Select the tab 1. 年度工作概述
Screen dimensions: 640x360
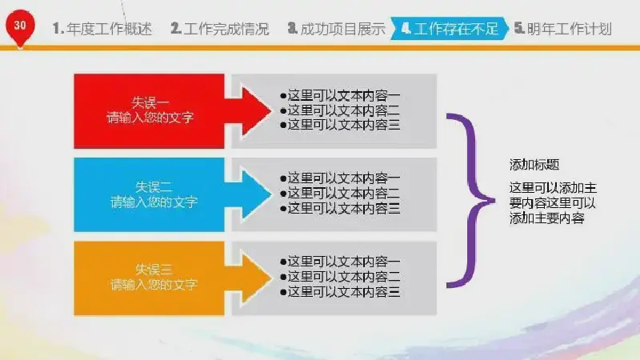pyautogui.click(x=102, y=29)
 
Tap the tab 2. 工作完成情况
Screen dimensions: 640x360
pyautogui.click(x=220, y=29)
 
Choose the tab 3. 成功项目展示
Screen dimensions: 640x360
pyautogui.click(x=336, y=29)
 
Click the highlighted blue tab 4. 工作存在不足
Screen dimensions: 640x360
pyautogui.click(x=450, y=29)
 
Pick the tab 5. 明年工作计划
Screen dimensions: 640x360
pyautogui.click(x=563, y=29)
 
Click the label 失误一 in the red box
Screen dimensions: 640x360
pyautogui.click(x=150, y=102)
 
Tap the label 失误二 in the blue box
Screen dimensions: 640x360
pyautogui.click(x=154, y=187)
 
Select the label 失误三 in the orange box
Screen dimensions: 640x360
pyautogui.click(x=154, y=270)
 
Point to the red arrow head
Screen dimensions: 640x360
pyautogui.click(x=255, y=111)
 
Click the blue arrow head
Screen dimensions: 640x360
pyautogui.click(x=255, y=194)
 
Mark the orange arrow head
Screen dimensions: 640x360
pyautogui.click(x=255, y=278)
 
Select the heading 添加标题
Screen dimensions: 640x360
pyautogui.click(x=534, y=165)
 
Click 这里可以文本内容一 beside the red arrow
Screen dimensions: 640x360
pyautogui.click(x=340, y=95)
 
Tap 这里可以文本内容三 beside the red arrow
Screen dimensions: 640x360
pyautogui.click(x=340, y=125)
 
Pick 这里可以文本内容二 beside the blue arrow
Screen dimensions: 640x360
pyautogui.click(x=340, y=193)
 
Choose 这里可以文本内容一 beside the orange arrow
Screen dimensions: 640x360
pyautogui.click(x=340, y=262)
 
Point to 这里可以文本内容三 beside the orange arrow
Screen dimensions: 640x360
pyautogui.click(x=340, y=291)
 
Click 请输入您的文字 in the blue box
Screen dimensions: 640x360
pyautogui.click(x=154, y=202)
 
